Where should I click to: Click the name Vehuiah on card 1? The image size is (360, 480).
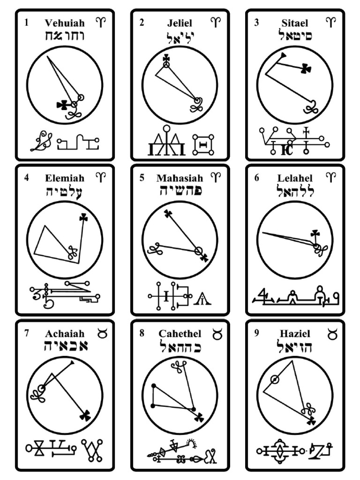65,22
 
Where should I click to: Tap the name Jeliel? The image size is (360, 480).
180,22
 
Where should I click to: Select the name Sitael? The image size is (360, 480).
295,22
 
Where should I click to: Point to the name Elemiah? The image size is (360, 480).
65,178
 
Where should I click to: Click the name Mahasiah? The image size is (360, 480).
180,178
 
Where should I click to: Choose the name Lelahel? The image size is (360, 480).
295,178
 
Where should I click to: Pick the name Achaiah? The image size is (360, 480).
65,334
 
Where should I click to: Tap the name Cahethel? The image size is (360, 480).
180,334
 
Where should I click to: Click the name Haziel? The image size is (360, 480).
295,334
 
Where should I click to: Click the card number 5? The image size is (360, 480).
142,178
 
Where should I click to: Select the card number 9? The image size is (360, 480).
256,333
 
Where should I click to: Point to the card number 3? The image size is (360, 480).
256,22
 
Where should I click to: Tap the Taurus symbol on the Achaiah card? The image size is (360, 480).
101,333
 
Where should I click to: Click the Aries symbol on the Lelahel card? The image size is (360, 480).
331,177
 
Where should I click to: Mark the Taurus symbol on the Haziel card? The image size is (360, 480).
331,333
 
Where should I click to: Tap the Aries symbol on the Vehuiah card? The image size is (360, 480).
101,22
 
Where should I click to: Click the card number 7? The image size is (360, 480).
27,333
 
